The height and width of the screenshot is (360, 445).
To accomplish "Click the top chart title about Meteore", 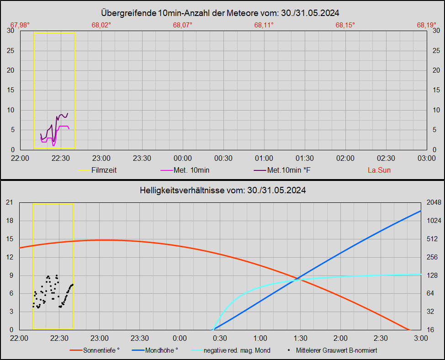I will click(222, 13).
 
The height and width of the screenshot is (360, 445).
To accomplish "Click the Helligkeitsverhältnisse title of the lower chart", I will click(222, 190).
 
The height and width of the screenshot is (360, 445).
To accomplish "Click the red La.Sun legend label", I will click(379, 170).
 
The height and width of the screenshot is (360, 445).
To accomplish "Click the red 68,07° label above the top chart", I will click(182, 25).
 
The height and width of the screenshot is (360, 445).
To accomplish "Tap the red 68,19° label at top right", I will click(426, 25).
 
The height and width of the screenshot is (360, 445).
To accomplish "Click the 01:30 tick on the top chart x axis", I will click(304, 158).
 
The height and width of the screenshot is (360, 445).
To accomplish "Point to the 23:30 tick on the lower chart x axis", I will click(139, 338).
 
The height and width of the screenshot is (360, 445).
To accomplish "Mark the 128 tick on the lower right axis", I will click(432, 275).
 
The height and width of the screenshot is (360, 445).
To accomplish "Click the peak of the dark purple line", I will click(68, 113).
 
